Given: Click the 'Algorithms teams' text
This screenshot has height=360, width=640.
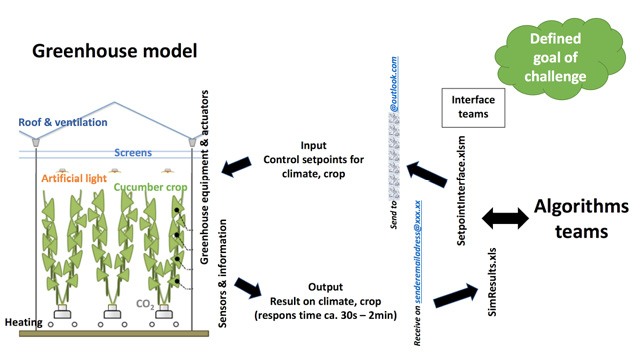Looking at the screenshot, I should point(581,219).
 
